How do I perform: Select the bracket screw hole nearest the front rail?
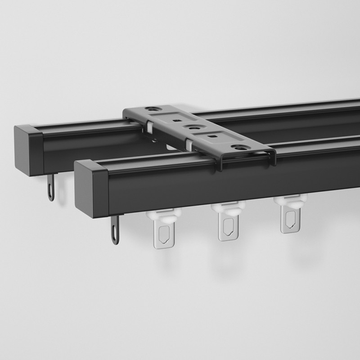pyautogui.click(x=237, y=147)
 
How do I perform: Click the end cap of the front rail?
pyautogui.click(x=91, y=188)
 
